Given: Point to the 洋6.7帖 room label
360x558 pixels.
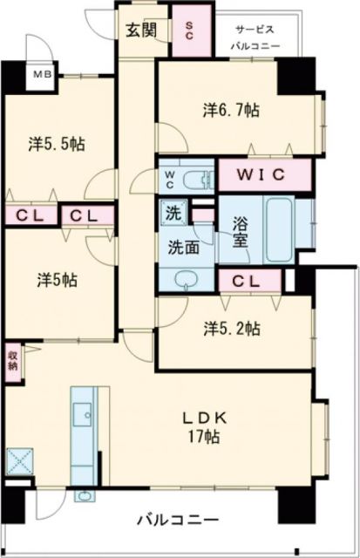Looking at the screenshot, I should tap(231, 110).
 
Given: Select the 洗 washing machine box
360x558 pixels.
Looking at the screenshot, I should tap(173, 211).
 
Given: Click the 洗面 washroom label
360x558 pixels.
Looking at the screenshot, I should tap(183, 247).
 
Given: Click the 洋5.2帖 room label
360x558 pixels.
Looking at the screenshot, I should tap(230, 328).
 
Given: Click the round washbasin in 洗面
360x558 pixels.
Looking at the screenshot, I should tap(185, 277).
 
